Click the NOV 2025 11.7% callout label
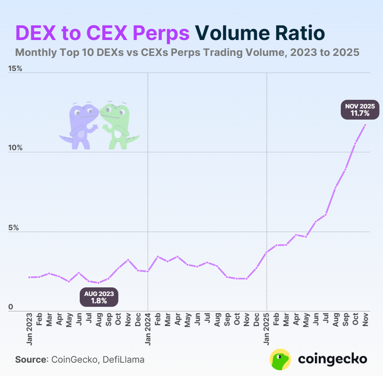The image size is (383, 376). [x=360, y=110]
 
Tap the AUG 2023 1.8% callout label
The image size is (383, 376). [x=99, y=297]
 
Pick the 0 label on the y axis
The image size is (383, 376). [x=11, y=307]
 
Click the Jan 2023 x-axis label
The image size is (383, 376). [x=29, y=330]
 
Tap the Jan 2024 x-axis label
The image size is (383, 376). [x=148, y=330]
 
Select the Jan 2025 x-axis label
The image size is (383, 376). [x=267, y=330]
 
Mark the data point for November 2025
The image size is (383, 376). [x=365, y=125]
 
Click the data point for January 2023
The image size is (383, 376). [x=29, y=277]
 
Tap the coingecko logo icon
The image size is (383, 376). [x=280, y=359]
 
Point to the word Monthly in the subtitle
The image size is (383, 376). [x=35, y=52]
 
